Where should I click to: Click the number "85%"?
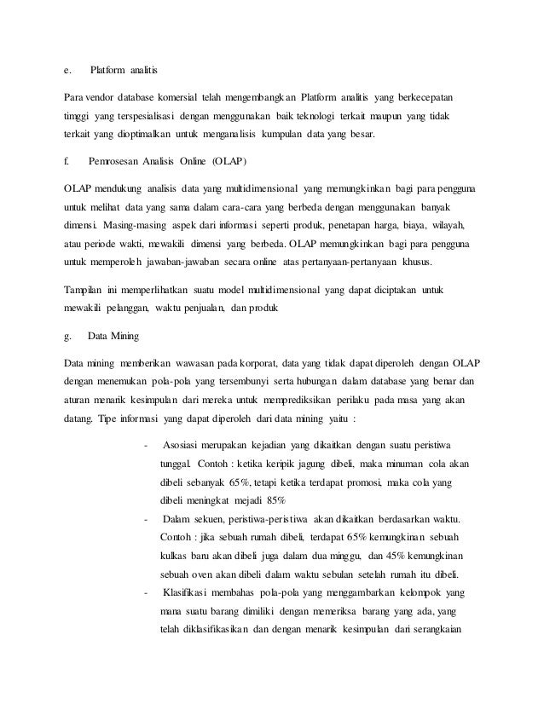272,499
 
